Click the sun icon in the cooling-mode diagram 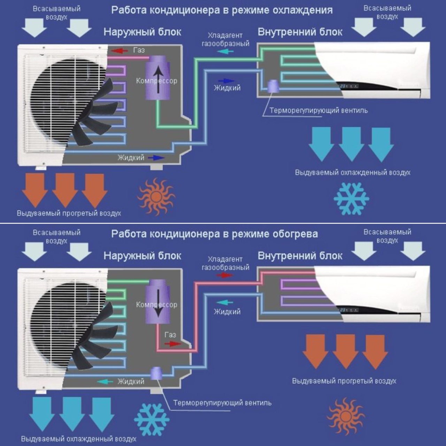coord(156,197)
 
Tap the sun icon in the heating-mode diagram coord(346,416)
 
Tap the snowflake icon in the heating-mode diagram coord(152,420)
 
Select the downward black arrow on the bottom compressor coord(158,302)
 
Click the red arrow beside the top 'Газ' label coord(120,51)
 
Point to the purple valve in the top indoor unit coord(273,86)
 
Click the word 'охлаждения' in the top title coord(302,10)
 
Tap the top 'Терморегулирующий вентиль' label coord(318,110)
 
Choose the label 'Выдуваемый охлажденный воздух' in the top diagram coord(353,172)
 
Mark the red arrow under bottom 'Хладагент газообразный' coord(225,275)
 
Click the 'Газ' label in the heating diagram coord(170,335)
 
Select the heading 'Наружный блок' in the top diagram coord(142,32)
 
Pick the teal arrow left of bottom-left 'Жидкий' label coord(105,382)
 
